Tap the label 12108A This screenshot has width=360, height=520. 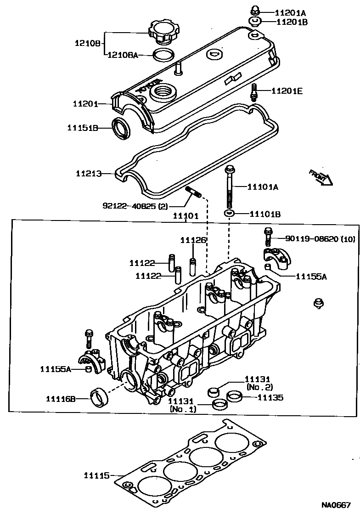123,55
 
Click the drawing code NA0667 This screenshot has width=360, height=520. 336,505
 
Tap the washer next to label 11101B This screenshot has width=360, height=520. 230,214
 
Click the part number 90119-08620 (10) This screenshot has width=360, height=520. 320,239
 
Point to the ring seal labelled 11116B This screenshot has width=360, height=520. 99,397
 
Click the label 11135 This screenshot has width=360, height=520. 270,398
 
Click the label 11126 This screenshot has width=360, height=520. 193,240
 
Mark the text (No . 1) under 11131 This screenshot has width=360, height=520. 183,408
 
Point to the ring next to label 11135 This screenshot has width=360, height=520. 236,396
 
